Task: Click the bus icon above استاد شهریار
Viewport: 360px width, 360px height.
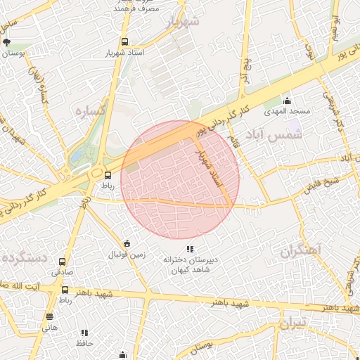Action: coord(124,42)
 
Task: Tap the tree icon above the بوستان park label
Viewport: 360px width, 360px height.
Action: coord(6,42)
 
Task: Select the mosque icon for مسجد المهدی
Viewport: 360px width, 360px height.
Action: coord(287,101)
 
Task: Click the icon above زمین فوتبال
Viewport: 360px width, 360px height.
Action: coord(126,243)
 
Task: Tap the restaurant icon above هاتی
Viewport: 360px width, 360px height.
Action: coord(49,317)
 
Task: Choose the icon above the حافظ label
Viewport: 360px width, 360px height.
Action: coord(84,333)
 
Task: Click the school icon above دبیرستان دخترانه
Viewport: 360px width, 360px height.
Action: coord(189,248)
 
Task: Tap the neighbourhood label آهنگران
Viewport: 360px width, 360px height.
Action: coord(300,250)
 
